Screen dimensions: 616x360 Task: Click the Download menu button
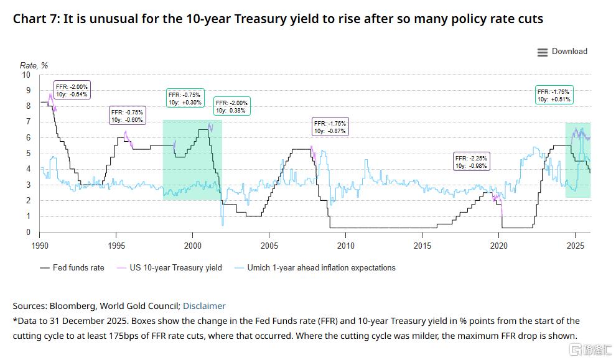point(562,52)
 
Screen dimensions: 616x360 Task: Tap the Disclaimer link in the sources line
point(204,306)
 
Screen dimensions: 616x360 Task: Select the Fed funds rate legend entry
point(72,268)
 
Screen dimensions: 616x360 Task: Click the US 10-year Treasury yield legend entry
point(169,268)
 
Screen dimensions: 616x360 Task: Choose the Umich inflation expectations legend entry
point(315,268)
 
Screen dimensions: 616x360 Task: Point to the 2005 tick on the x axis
point(269,246)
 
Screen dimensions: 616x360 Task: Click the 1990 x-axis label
point(40,246)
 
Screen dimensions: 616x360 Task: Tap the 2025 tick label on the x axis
point(576,246)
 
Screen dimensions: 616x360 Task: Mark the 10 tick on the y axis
point(26,75)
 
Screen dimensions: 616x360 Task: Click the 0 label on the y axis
point(28,232)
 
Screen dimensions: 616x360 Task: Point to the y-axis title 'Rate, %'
point(34,65)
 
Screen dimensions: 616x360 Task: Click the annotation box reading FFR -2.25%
point(472,162)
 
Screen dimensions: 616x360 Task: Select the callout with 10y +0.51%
point(554,95)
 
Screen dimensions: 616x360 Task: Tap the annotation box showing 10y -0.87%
point(330,127)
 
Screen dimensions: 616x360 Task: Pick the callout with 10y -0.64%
point(72,90)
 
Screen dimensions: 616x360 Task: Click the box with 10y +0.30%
point(185,98)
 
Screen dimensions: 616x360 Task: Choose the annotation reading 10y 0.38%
point(232,106)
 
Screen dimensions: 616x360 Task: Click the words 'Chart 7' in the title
point(35,19)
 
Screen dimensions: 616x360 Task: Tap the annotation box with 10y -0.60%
point(128,116)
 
